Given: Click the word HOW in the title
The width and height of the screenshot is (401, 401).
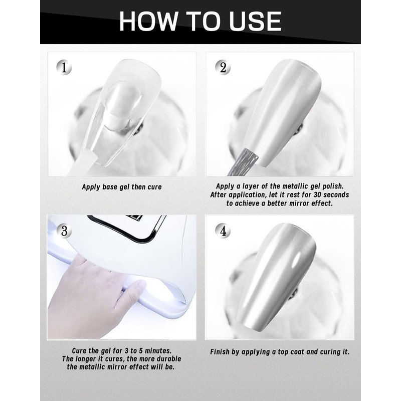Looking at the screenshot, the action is click(148, 21).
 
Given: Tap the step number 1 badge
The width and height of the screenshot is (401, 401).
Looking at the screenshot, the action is click(64, 68).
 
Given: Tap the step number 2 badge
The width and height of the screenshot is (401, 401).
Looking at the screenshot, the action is click(223, 68).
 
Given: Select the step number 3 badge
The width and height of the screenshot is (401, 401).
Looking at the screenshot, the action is click(64, 231).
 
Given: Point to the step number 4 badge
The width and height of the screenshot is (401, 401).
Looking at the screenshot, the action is click(223, 231).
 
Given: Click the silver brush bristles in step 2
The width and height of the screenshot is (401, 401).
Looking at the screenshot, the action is click(244, 161).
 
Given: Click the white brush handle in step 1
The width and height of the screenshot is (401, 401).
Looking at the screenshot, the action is click(82, 163).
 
